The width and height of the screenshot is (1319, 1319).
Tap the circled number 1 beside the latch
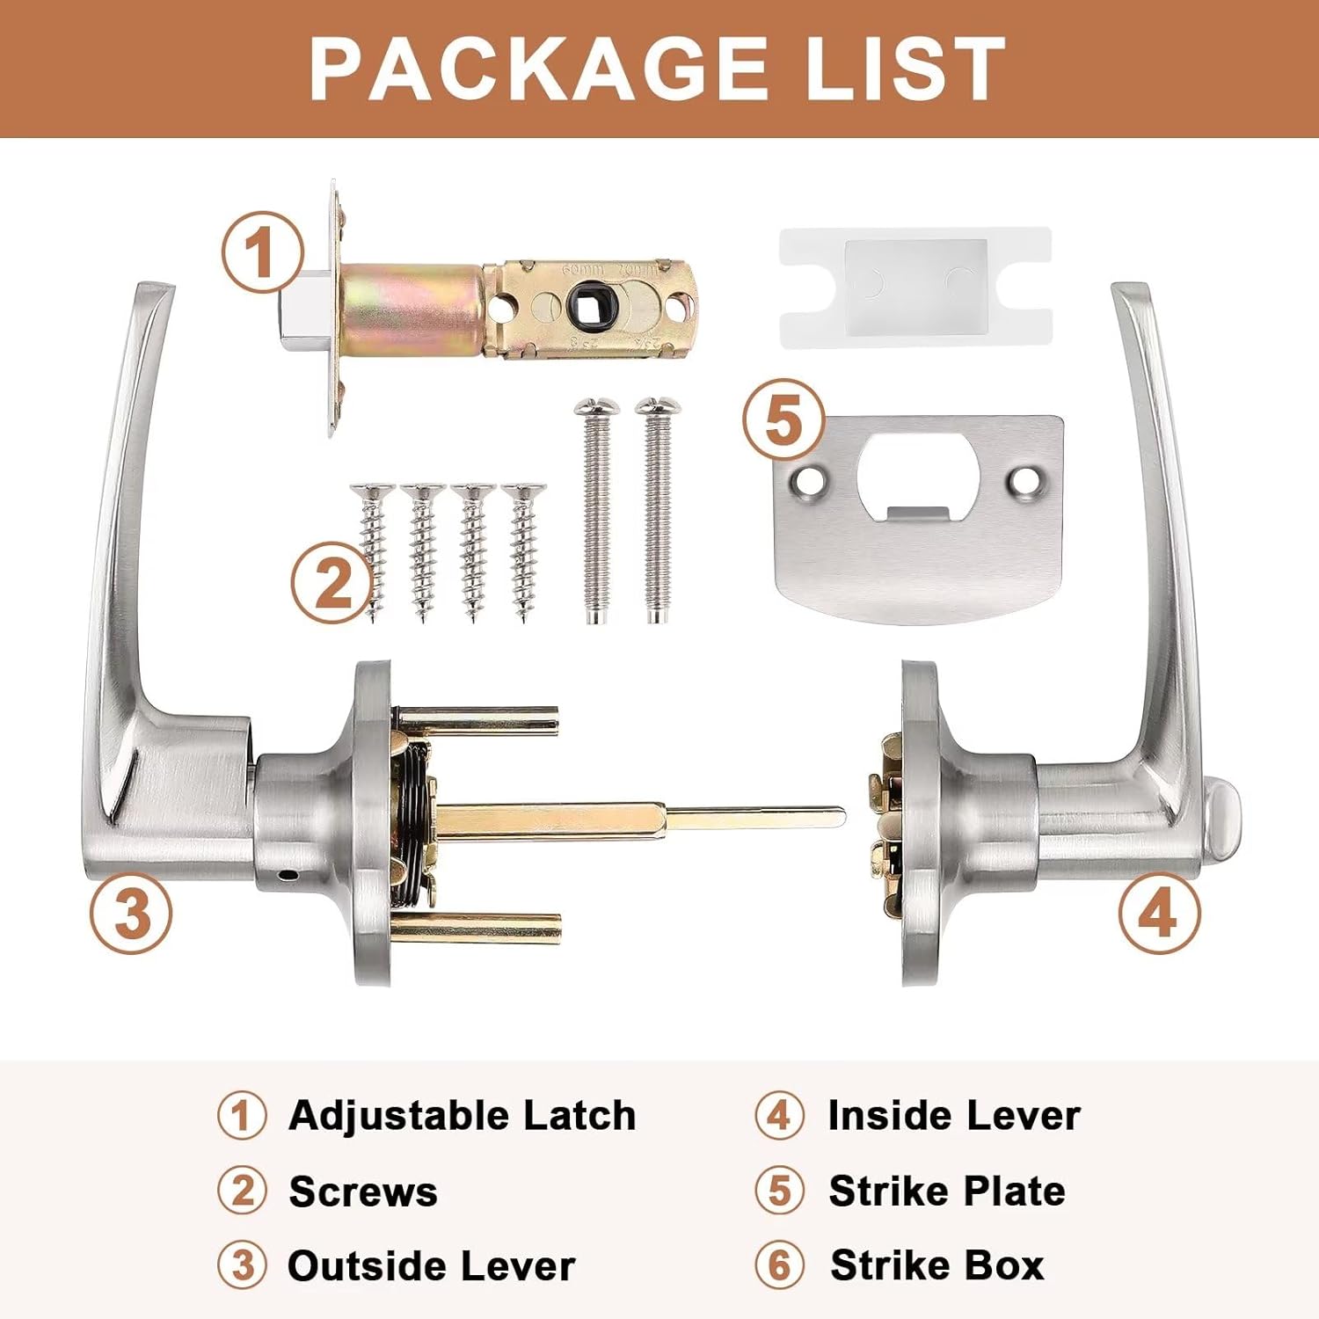point(261,252)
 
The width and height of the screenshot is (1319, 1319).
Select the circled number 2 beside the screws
point(332,581)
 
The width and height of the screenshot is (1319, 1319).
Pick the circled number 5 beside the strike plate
point(783,419)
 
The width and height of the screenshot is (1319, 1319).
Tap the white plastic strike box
point(915,287)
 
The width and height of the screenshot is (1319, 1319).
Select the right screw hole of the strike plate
point(1023,480)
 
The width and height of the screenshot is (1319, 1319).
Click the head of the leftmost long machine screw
point(596,407)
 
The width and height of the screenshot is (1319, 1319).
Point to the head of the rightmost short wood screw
point(524,491)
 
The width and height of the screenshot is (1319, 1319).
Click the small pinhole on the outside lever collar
point(287,876)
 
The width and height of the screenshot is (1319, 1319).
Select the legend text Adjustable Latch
point(463,1116)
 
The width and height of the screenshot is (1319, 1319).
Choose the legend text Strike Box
point(937,1265)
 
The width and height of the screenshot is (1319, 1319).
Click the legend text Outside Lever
point(432,1266)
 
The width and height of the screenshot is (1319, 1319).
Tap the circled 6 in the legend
point(779,1265)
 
